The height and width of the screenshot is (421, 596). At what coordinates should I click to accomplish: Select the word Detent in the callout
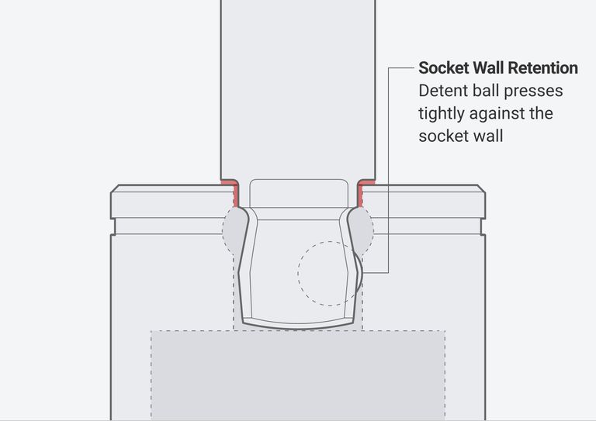tap(442, 91)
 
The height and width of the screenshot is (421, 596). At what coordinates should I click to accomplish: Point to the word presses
tap(535, 91)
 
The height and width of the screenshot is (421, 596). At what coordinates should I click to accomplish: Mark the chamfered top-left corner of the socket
tap(114, 188)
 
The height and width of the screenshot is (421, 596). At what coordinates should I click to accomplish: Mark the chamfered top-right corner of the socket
tap(482, 188)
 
